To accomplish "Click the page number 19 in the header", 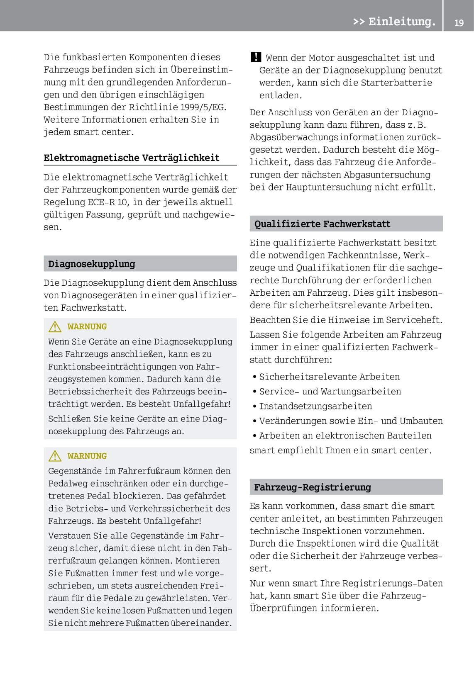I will (x=459, y=23).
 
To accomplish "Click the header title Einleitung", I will (x=402, y=22).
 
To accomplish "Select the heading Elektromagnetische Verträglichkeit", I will (x=132, y=158).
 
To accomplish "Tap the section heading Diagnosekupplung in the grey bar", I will (x=92, y=264).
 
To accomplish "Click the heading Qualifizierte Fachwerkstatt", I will (x=322, y=224).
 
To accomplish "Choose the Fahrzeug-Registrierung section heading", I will (x=313, y=487).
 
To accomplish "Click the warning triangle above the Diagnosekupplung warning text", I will (x=55, y=327).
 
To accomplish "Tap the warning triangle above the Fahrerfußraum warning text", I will (x=55, y=456).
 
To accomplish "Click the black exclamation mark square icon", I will (x=256, y=57).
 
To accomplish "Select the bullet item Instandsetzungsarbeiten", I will (x=315, y=406).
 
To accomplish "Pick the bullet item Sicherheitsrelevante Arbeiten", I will (x=330, y=377).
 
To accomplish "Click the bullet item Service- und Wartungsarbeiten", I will (x=330, y=392).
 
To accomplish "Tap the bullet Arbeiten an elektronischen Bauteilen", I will (x=345, y=436).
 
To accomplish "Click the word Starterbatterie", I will (x=396, y=83).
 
